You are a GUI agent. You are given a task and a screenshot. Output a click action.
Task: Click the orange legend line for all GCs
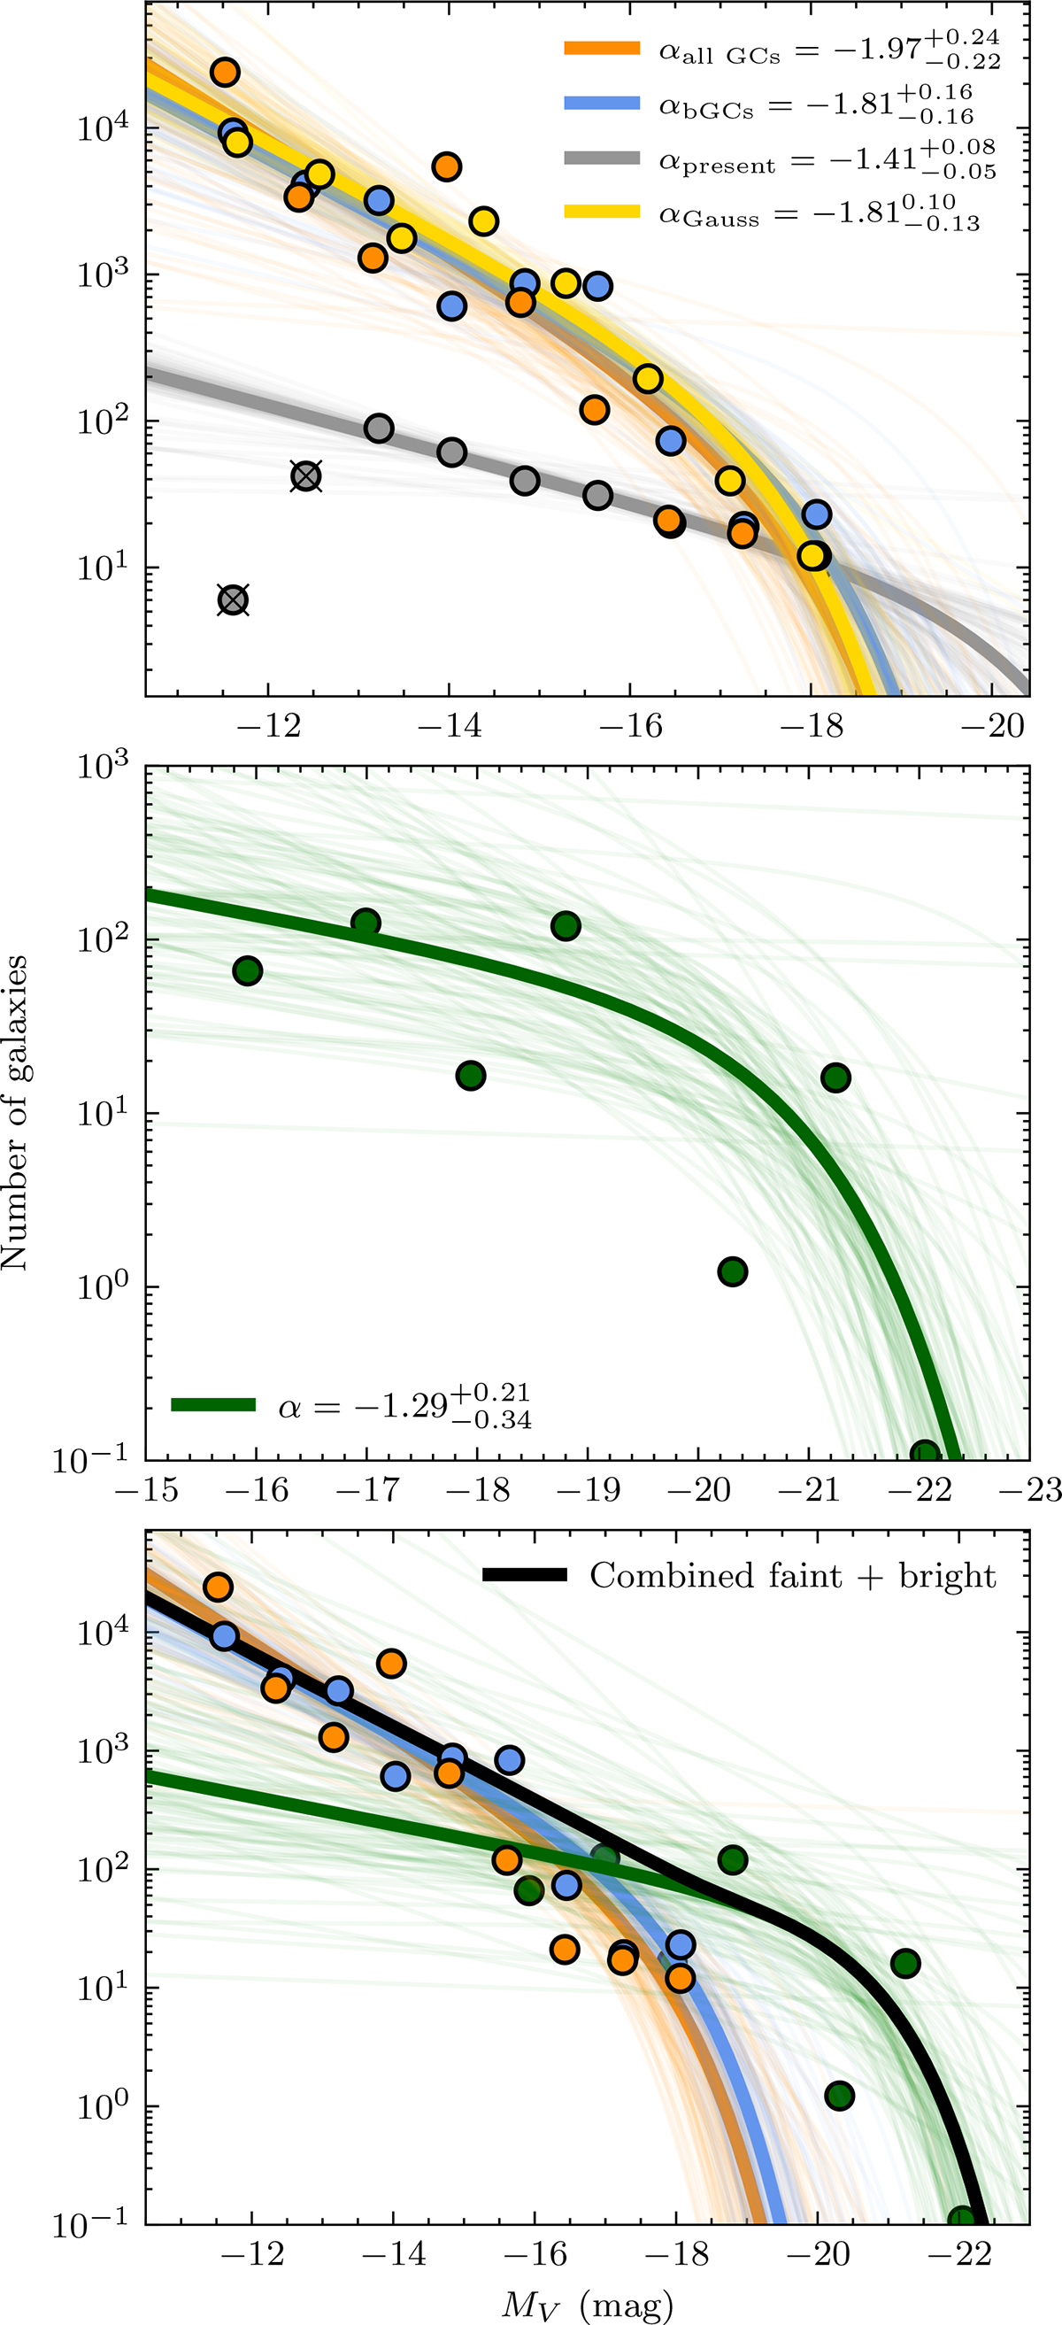(602, 49)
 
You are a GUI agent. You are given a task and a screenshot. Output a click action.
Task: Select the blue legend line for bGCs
(602, 103)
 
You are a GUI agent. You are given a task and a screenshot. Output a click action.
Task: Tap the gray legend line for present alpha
(602, 158)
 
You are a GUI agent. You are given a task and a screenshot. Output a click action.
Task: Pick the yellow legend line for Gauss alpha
(602, 212)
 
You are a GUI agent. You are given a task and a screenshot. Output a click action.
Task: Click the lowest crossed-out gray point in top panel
(233, 600)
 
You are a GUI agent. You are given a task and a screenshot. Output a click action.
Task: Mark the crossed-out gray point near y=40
(307, 476)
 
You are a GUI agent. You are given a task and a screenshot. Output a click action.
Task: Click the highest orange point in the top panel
(225, 73)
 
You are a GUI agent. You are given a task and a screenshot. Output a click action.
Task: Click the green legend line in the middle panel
(214, 1404)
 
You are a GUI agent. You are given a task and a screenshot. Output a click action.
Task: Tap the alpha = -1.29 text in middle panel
(404, 1406)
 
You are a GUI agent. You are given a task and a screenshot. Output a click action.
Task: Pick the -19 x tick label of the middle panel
(589, 1489)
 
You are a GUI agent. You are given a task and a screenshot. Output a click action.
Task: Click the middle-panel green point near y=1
(733, 1271)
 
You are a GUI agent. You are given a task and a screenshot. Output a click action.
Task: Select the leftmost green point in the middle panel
(247, 971)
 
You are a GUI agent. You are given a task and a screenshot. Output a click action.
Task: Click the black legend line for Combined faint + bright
(525, 1574)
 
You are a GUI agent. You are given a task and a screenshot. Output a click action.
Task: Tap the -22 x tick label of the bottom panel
(959, 2253)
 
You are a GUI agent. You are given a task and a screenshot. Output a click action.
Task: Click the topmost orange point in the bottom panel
(218, 1587)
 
